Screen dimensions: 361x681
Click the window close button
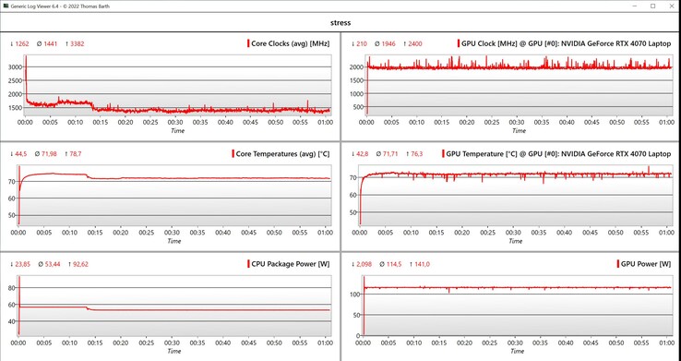[670, 6]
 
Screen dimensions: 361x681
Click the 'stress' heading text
[340, 21]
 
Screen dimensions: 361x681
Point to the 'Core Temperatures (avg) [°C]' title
[285, 153]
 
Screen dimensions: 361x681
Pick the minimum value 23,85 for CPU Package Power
[18, 263]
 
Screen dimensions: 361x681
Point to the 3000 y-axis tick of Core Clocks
[14, 67]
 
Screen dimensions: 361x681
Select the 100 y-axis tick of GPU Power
[352, 294]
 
